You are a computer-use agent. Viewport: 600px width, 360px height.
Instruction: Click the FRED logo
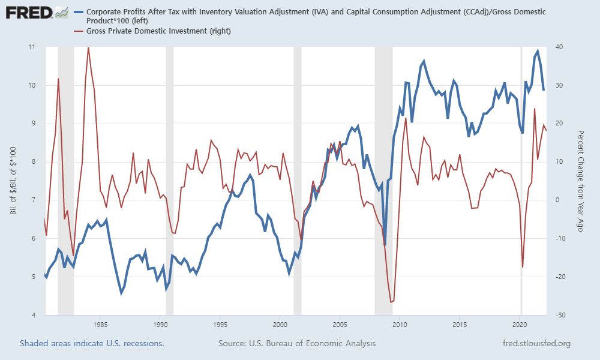pos(28,12)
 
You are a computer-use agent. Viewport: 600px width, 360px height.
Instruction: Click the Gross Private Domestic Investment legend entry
pos(158,31)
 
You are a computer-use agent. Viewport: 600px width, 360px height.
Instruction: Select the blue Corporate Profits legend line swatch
pos(77,11)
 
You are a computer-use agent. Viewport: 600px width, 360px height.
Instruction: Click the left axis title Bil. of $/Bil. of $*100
pos(13,181)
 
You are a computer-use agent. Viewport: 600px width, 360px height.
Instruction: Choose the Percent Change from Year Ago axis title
pos(581,181)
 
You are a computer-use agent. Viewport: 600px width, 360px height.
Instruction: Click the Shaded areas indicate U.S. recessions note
pos(92,343)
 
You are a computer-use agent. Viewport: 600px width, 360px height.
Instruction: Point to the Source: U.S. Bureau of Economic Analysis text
pos(297,343)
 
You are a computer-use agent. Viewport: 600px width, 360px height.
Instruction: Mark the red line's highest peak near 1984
pos(88,47)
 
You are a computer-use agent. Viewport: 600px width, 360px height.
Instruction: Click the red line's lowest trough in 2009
pos(391,302)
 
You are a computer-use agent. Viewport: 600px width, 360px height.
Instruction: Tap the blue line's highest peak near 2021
pos(538,51)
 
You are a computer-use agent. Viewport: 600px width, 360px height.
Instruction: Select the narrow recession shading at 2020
pos(521,180)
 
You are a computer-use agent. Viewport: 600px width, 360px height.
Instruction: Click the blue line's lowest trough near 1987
pos(121,293)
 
